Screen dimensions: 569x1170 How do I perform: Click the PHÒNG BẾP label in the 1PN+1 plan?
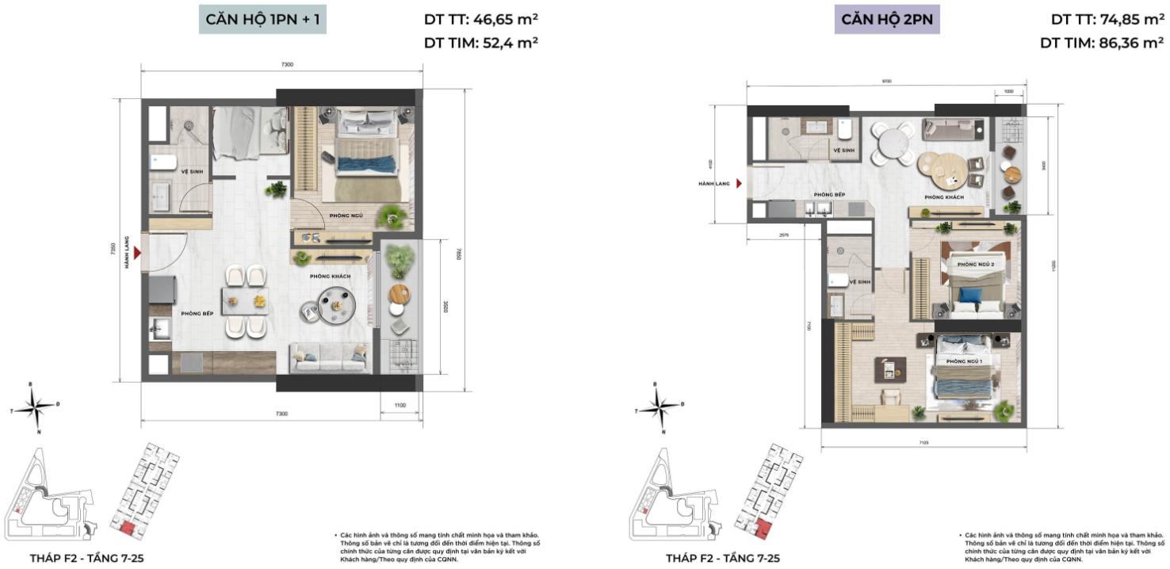click(194, 313)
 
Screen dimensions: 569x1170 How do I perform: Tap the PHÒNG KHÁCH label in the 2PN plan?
click(943, 197)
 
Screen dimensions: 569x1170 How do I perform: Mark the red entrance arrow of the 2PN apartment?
click(739, 183)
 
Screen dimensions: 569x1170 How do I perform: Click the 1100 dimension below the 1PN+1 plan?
click(400, 406)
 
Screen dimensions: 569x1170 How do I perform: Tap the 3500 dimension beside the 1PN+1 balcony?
click(446, 307)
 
